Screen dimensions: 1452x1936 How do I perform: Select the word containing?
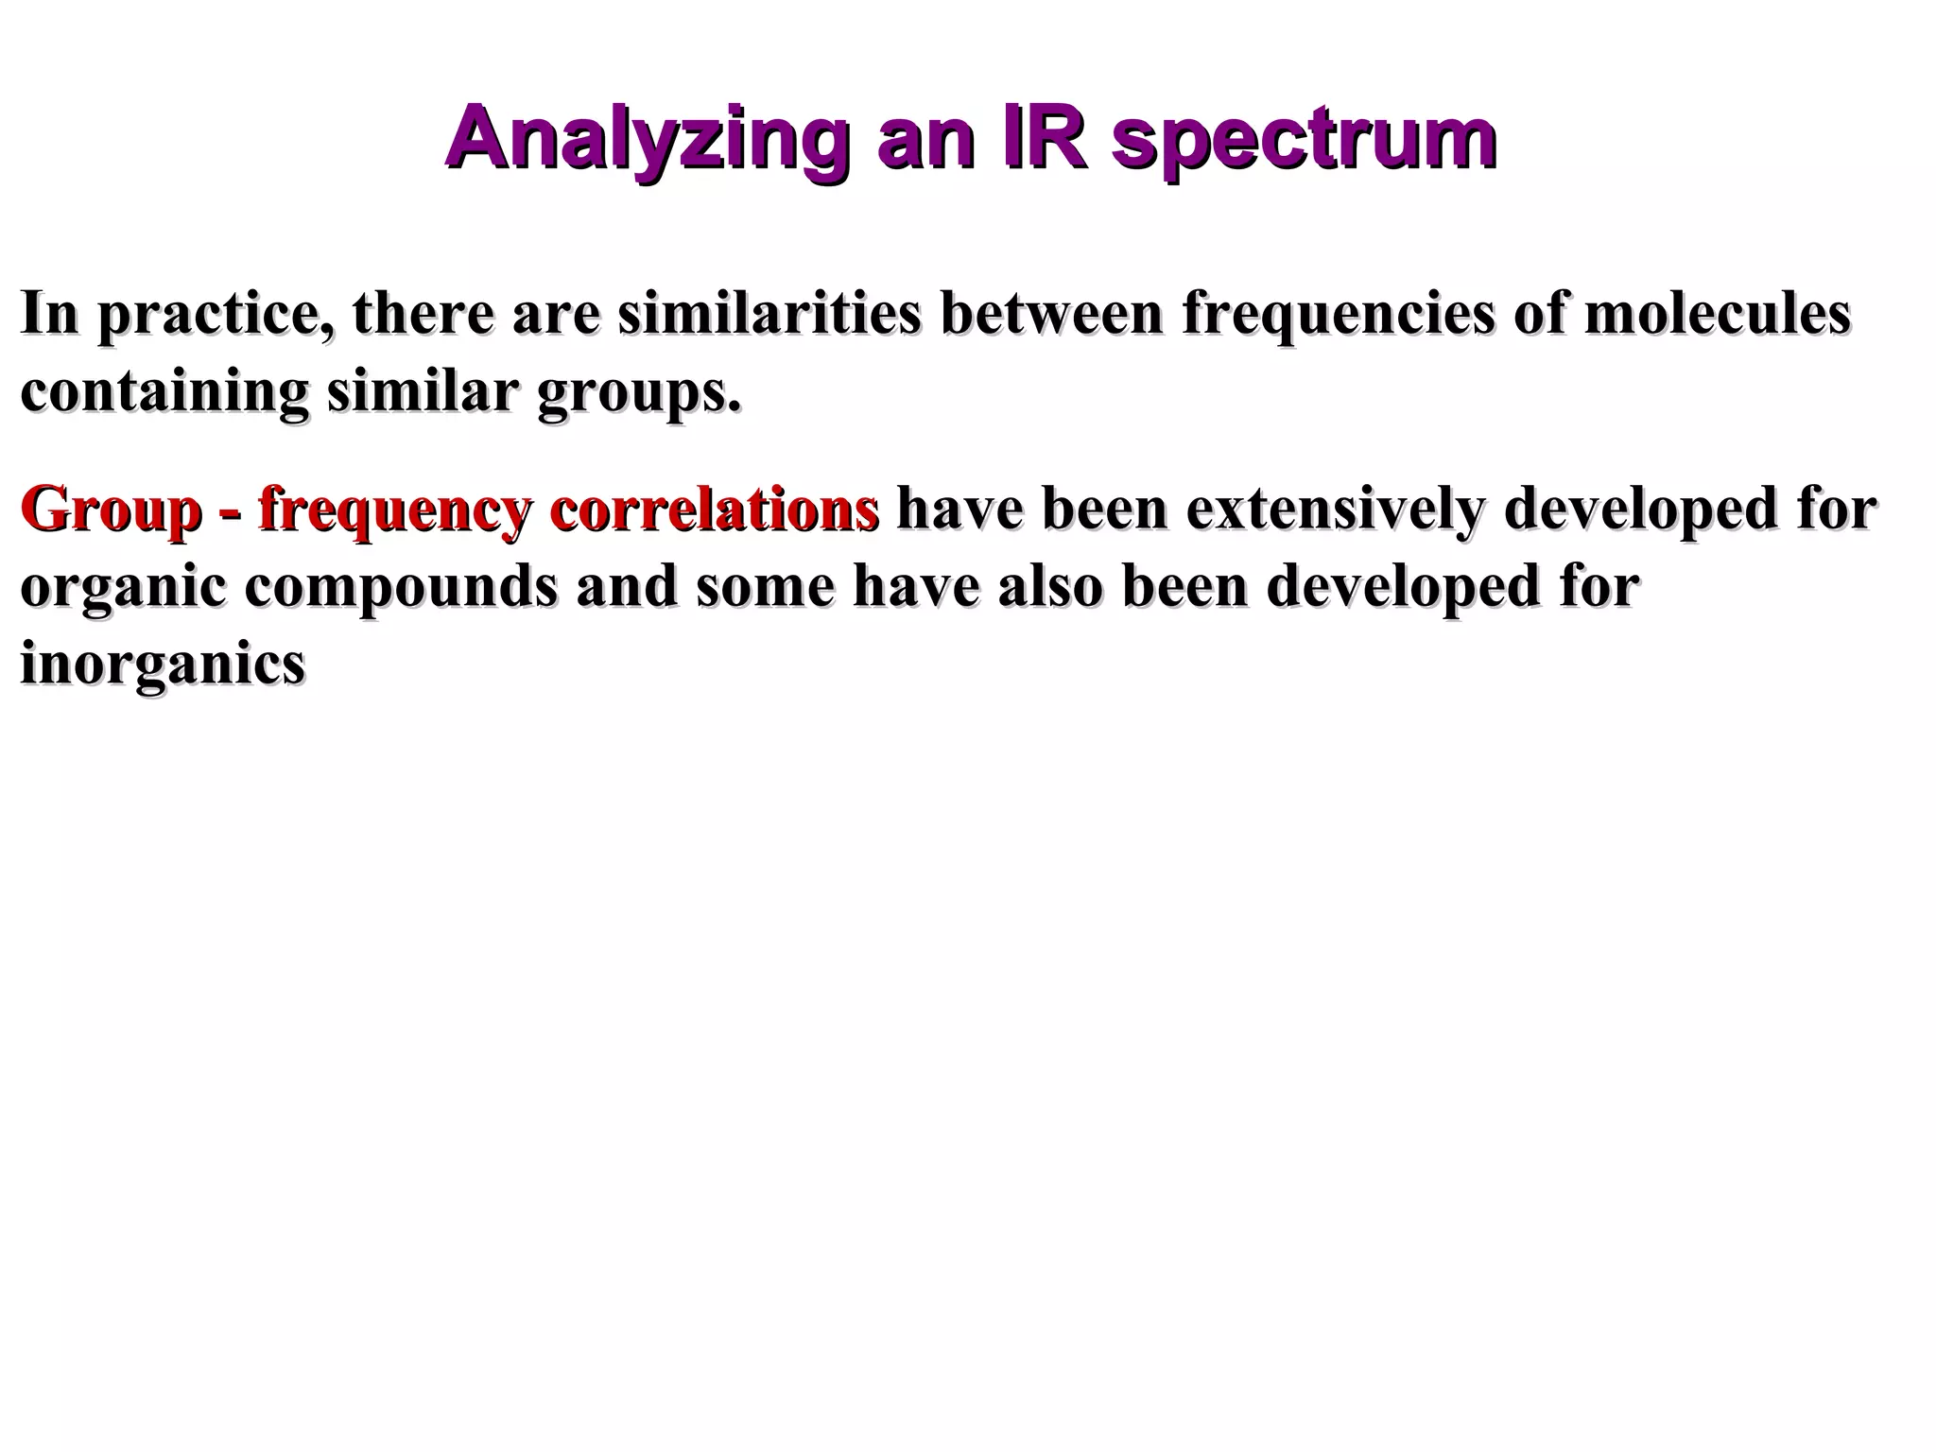[164, 393]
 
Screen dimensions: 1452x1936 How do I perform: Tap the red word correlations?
[715, 510]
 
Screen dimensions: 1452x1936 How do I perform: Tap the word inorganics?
[163, 665]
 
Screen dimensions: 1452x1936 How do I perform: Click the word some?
[765, 588]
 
